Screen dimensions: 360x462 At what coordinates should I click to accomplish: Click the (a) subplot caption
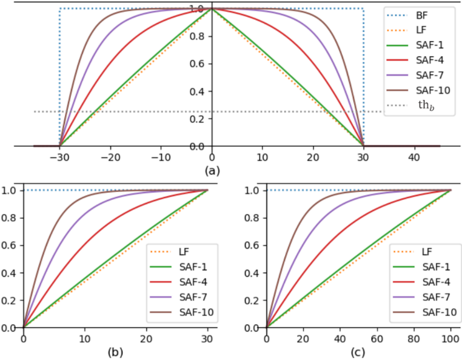tap(212, 170)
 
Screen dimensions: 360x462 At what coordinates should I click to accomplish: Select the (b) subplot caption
tap(115, 352)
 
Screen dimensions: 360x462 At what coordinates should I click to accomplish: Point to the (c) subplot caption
tap(358, 352)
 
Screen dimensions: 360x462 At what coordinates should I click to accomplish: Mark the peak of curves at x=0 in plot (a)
tap(212, 8)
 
